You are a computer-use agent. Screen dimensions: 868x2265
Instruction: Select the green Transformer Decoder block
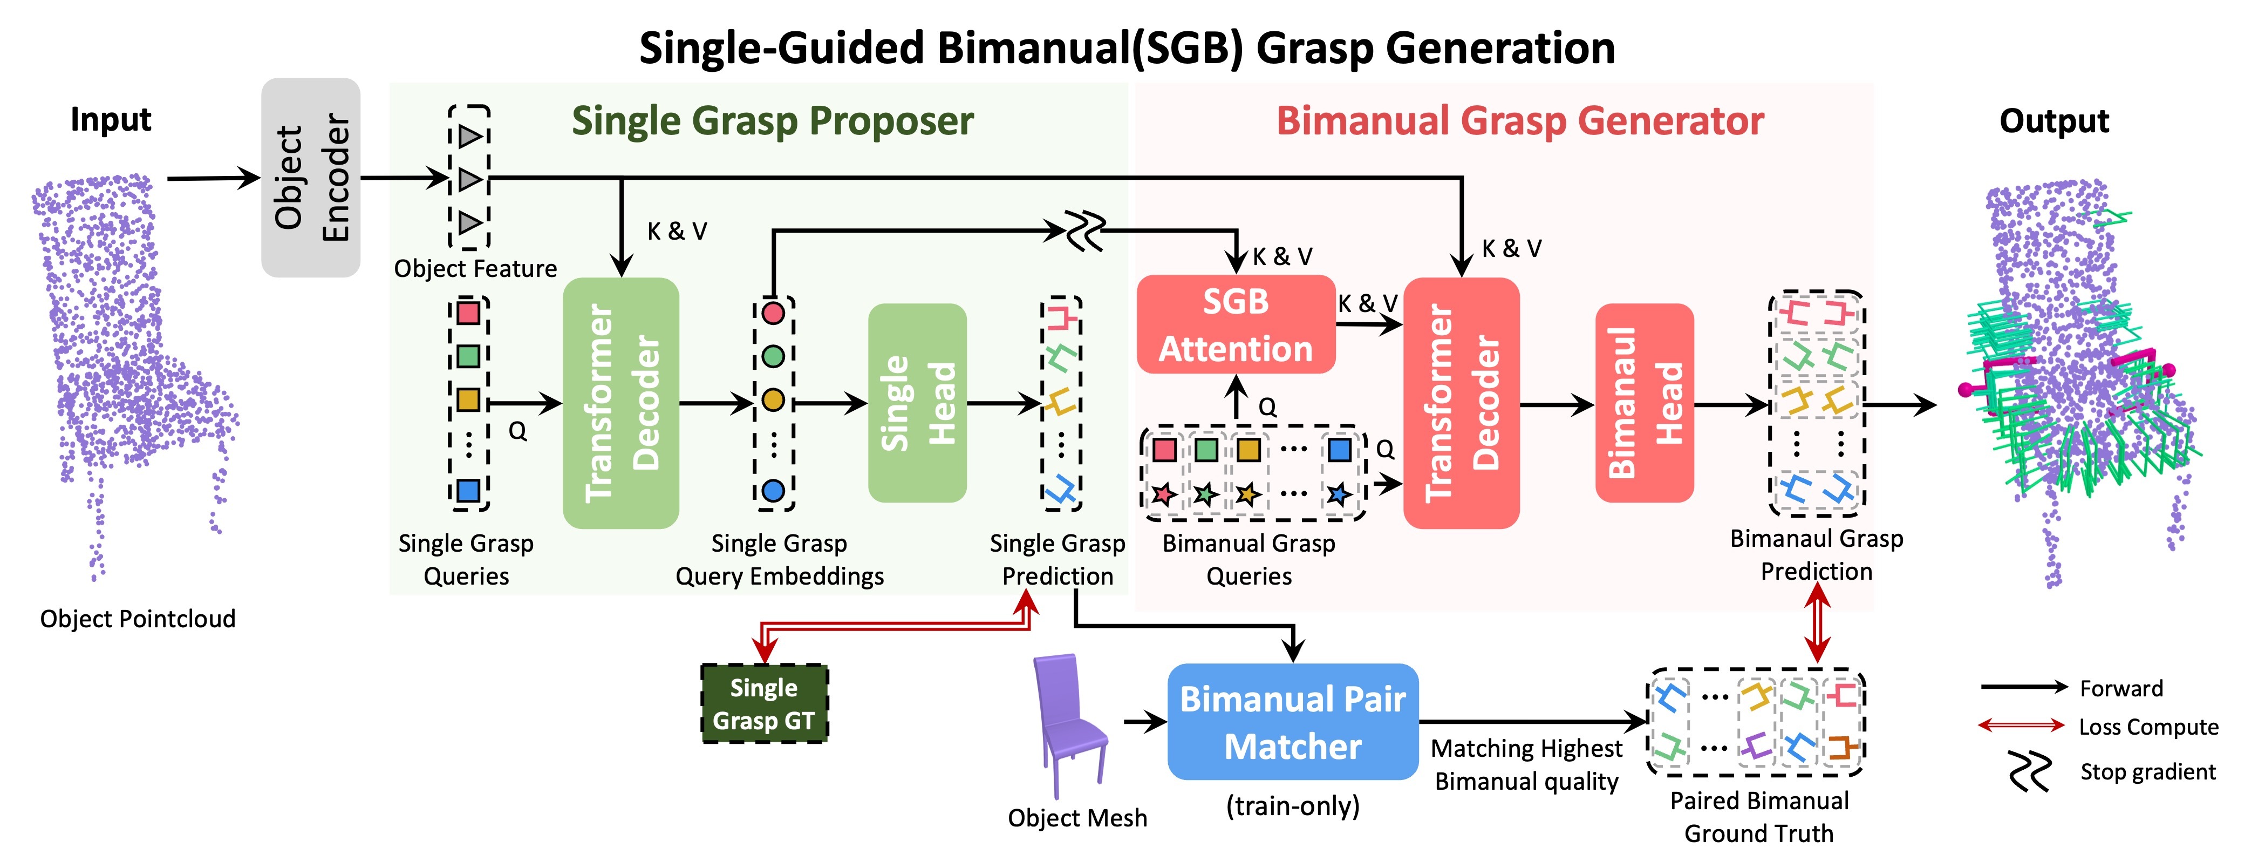coord(621,403)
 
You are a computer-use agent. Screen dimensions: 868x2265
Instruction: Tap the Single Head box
coord(917,403)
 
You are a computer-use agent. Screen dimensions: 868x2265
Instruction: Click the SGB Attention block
coord(1236,324)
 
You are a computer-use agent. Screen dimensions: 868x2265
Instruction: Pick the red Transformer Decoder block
coord(1461,403)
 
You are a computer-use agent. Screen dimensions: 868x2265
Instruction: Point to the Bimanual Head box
coord(1643,403)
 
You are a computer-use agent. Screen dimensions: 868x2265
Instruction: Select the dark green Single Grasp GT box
coord(763,703)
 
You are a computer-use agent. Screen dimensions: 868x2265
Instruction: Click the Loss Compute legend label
coord(2147,727)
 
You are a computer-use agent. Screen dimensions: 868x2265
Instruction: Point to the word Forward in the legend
coord(2121,689)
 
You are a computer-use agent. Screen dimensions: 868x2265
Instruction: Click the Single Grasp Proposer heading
coord(772,120)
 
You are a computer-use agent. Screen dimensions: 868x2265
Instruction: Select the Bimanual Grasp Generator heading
coord(1519,120)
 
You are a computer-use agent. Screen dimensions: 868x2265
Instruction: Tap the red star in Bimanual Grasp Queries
coord(1164,494)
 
